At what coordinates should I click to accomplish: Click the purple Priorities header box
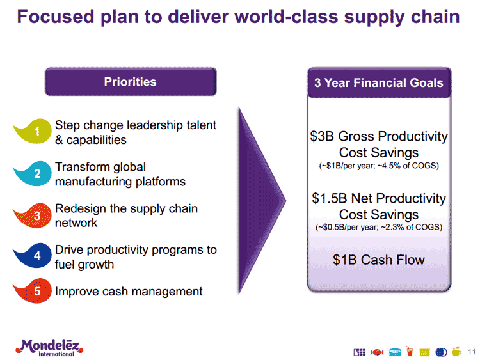(130, 82)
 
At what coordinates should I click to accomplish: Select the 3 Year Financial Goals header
(378, 83)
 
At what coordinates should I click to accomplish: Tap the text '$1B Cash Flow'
(378, 260)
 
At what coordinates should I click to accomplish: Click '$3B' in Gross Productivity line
(322, 137)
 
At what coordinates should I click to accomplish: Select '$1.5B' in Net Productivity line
(327, 199)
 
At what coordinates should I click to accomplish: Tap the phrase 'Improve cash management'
(129, 292)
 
